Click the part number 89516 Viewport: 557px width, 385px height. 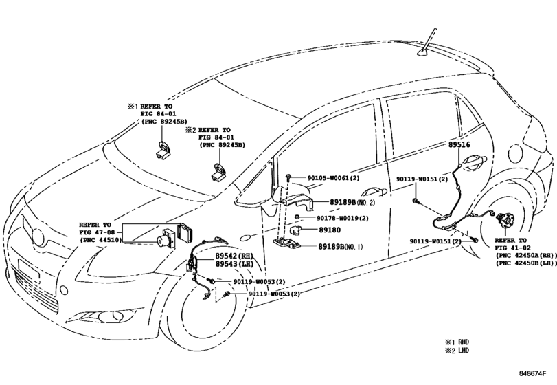459,144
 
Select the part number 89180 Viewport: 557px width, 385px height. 329,230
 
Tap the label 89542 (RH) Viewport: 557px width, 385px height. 234,256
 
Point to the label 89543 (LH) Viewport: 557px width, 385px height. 234,264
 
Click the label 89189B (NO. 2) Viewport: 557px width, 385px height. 352,202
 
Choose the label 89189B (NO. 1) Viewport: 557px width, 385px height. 340,246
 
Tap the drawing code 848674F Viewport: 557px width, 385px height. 532,373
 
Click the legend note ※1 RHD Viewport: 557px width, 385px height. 457,342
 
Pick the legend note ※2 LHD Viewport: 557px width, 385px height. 457,351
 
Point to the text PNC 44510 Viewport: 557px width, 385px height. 100,240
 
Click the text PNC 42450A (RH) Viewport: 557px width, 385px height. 525,255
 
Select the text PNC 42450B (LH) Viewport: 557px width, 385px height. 525,263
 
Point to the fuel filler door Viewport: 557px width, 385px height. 516,154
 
